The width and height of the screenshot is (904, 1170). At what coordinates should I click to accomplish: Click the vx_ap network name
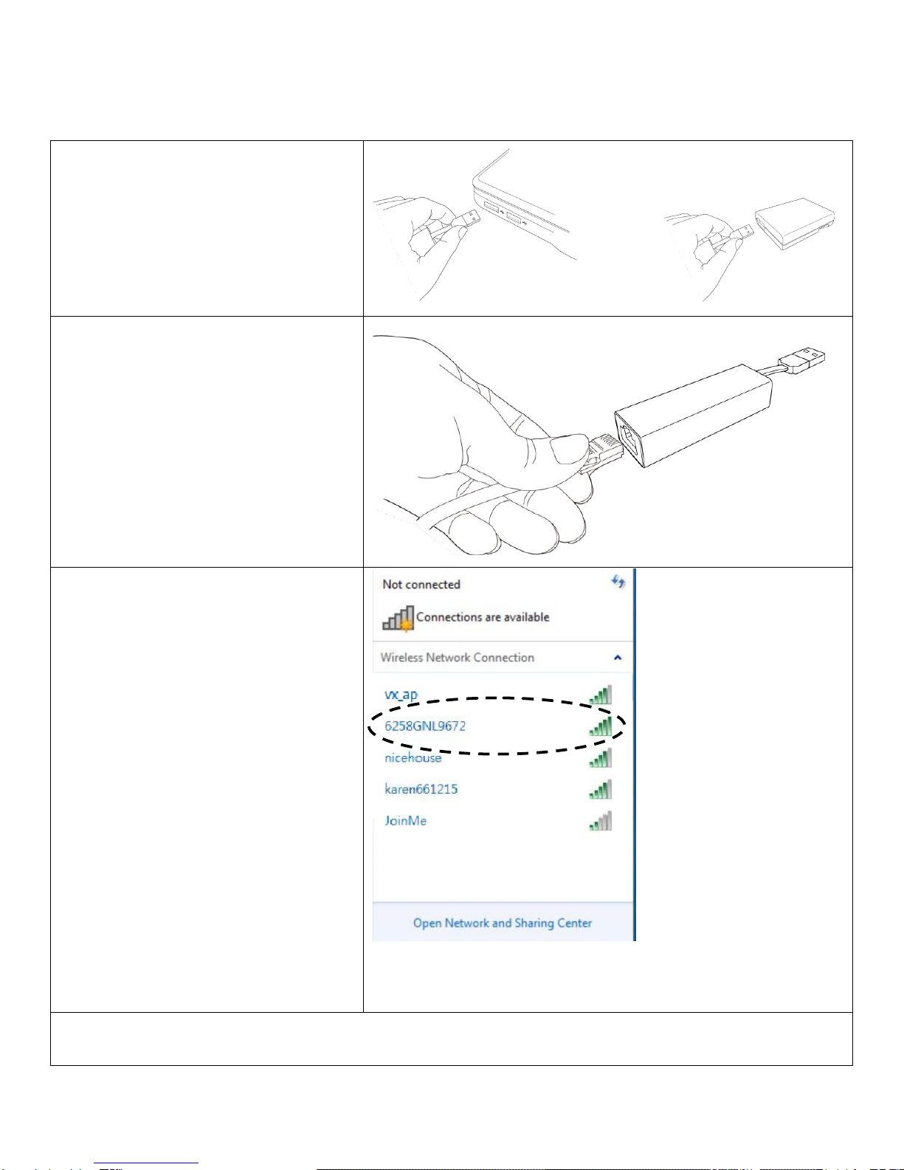(401, 695)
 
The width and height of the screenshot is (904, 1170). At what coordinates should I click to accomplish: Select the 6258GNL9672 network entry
(425, 726)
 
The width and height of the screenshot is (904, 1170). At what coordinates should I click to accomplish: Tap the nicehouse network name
(413, 757)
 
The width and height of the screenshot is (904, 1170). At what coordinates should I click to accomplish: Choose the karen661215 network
(421, 789)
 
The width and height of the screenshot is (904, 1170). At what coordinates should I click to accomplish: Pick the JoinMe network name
(405, 821)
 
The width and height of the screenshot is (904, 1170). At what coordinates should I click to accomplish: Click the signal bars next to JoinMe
(601, 821)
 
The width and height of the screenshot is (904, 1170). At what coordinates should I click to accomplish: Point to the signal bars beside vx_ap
(601, 695)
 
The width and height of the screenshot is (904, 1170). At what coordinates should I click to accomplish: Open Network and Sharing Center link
(502, 923)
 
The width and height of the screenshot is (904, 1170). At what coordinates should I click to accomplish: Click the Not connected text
(421, 584)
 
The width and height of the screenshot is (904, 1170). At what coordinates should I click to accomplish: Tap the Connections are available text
(483, 617)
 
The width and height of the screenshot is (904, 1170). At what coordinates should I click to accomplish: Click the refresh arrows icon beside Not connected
(618, 582)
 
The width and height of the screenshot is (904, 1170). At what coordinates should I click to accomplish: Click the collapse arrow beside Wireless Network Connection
(618, 658)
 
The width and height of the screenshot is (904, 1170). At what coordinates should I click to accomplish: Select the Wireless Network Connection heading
(458, 658)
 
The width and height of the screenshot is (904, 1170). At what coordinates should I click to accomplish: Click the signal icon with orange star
(398, 618)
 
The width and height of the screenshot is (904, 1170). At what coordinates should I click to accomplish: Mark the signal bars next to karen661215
(601, 789)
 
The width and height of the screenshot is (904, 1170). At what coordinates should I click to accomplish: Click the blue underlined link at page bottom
(146, 1163)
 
